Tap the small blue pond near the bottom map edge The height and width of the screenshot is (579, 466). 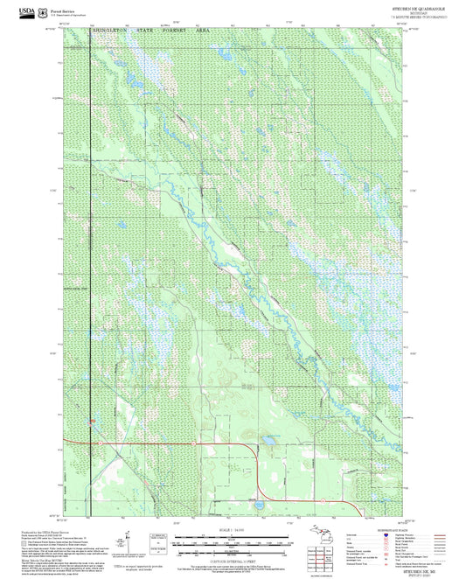click(x=258, y=504)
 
